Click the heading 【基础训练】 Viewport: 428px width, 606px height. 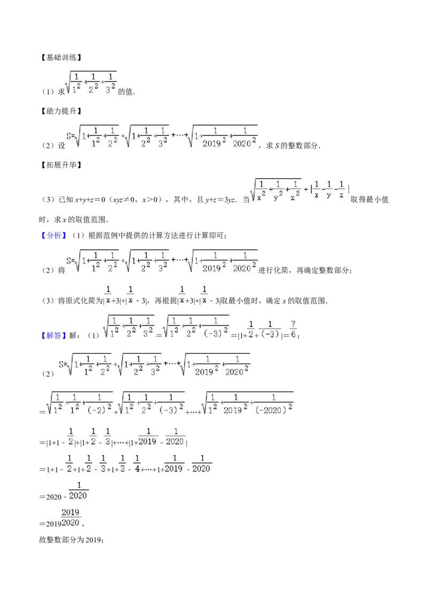(61, 58)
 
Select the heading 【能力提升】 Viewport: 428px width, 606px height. (61, 111)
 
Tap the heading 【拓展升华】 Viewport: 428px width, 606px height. (61, 165)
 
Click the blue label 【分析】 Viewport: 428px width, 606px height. (53, 236)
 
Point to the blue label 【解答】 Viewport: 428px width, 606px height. (53, 336)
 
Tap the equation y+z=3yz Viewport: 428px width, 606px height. (220, 200)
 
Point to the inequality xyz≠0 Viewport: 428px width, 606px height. (123, 200)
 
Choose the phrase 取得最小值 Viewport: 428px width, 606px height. (369, 200)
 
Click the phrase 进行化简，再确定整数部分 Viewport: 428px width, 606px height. (304, 270)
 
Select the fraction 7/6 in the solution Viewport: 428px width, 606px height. (293, 329)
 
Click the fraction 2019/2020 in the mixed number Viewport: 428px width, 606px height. (70, 518)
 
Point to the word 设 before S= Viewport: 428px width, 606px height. (62, 146)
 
